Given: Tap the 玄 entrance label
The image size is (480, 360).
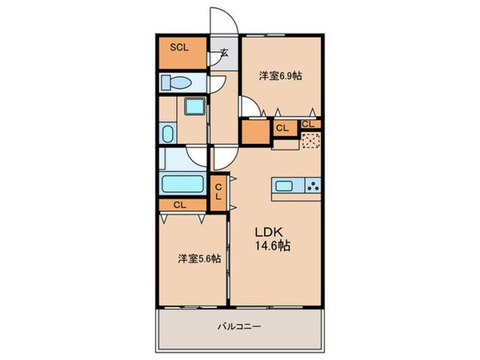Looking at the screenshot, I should (224, 55).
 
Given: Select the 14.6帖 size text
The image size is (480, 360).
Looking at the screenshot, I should (272, 246).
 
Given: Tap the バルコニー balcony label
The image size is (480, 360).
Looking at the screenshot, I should (239, 326).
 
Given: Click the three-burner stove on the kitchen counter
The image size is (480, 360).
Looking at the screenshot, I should (312, 187).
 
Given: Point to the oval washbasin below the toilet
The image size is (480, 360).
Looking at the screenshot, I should (169, 132).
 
